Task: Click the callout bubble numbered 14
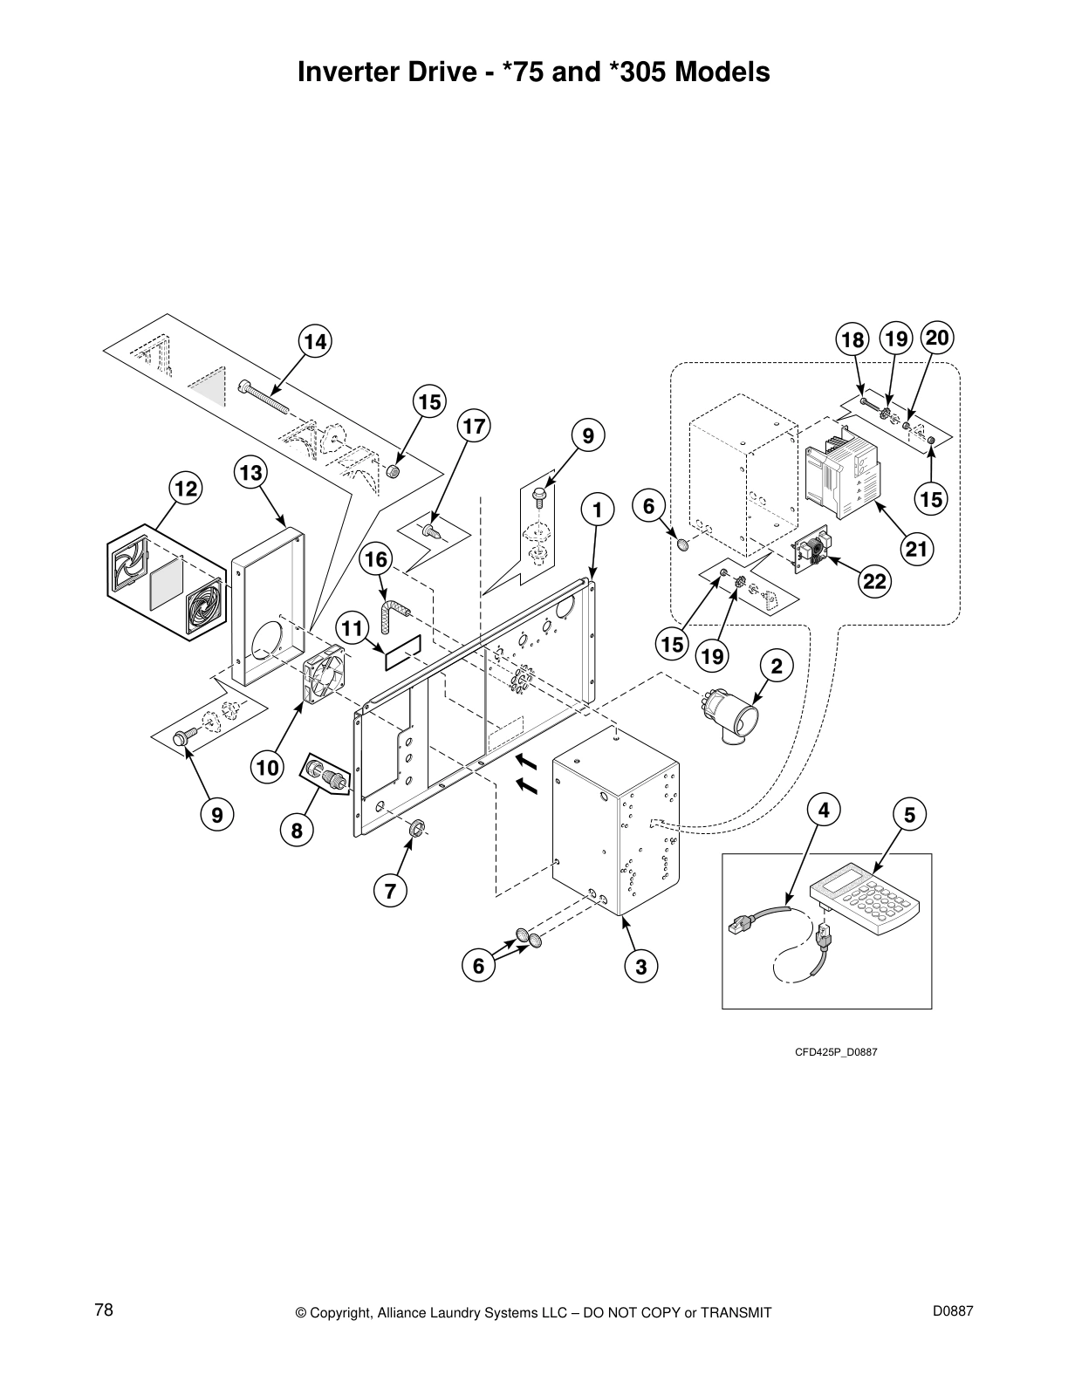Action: point(315,342)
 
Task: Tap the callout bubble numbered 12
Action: point(185,489)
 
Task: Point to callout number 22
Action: point(874,582)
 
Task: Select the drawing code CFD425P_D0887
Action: point(835,1051)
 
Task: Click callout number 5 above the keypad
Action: point(909,815)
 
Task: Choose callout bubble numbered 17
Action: point(474,427)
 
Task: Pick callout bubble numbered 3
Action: point(641,966)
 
